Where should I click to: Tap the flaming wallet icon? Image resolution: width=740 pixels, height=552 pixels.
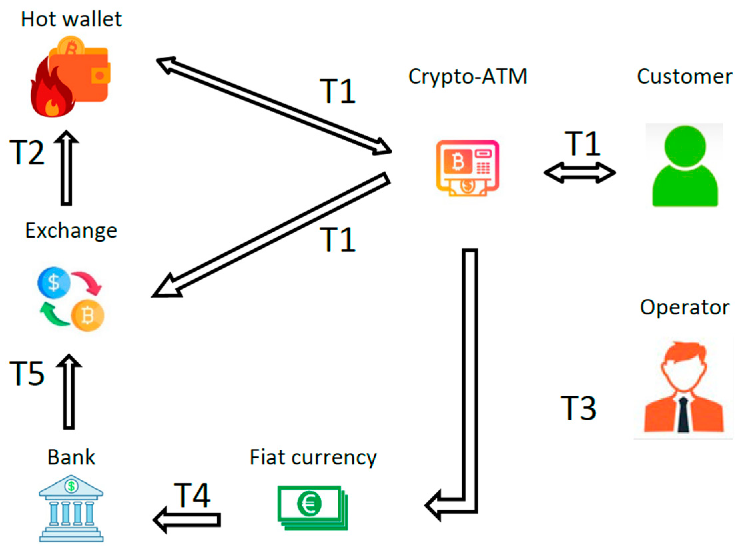(71, 78)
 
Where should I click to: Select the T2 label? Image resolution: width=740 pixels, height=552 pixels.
(27, 153)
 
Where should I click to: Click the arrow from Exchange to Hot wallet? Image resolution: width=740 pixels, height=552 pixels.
(66, 169)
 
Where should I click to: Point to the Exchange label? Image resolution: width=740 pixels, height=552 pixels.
(71, 231)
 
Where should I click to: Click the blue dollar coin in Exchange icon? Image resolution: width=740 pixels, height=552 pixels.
(54, 283)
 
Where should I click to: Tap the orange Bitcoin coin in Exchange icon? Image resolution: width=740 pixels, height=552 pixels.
(88, 315)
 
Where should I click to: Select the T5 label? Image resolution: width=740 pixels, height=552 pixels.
(27, 374)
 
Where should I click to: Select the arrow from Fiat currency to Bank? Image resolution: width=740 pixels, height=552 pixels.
(187, 520)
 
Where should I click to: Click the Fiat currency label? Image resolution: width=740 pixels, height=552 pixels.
(313, 457)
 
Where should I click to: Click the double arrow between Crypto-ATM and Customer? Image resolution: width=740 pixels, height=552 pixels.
(579, 173)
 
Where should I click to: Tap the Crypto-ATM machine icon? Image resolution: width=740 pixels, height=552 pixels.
(467, 168)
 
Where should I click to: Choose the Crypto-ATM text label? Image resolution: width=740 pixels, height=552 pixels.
(467, 77)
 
